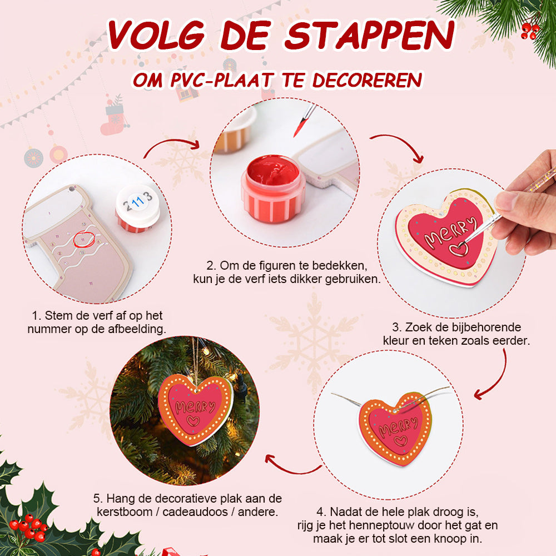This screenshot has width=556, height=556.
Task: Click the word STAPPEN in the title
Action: pos(370,35)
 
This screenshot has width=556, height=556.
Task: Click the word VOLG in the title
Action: pos(157,35)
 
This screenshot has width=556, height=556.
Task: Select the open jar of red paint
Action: pos(272,189)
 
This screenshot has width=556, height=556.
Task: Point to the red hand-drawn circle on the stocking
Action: pos(85,239)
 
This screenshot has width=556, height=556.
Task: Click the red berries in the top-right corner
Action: pos(530,31)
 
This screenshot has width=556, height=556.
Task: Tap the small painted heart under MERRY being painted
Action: pos(459,250)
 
